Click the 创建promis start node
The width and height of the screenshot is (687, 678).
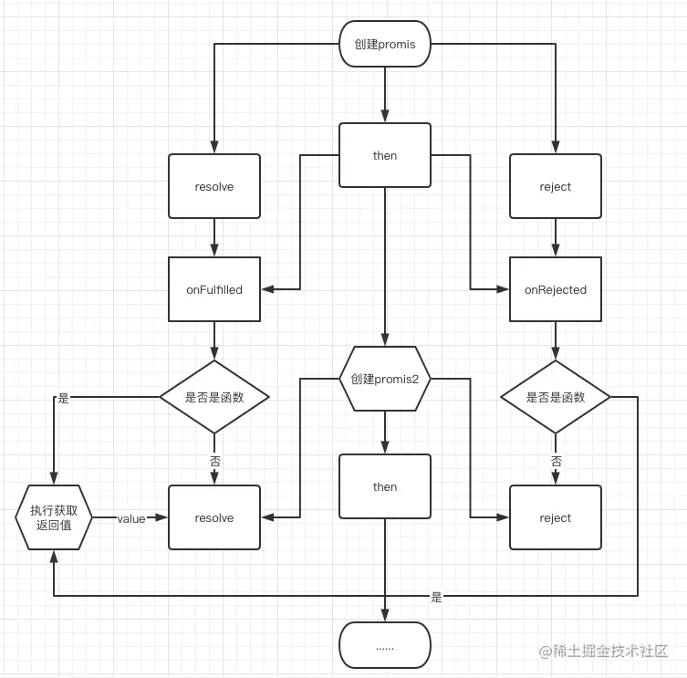tap(384, 44)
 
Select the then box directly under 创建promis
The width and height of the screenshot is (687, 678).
tap(384, 155)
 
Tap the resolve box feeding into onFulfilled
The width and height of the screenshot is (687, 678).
tap(214, 186)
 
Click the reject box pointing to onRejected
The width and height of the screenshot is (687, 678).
tap(555, 186)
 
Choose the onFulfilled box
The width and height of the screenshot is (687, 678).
tap(214, 289)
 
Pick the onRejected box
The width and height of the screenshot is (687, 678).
tap(555, 289)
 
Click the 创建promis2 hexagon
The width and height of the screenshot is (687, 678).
tap(384, 379)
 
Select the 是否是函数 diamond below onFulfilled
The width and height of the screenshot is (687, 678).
tap(214, 397)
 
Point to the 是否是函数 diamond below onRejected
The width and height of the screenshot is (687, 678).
tap(555, 397)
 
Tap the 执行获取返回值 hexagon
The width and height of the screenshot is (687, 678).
tap(54, 517)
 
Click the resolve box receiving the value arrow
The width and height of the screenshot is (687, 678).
tap(214, 517)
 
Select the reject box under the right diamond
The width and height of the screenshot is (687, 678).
tap(555, 517)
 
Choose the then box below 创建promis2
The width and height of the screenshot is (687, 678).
tap(384, 486)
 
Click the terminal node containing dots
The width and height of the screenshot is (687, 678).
tap(384, 645)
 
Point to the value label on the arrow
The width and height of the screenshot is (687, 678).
tap(131, 518)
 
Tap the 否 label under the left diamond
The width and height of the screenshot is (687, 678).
tap(215, 462)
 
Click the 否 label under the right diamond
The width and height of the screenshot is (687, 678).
tap(556, 462)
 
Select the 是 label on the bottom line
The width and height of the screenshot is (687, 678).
tap(436, 597)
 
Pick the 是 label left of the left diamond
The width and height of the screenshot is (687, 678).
tap(63, 399)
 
